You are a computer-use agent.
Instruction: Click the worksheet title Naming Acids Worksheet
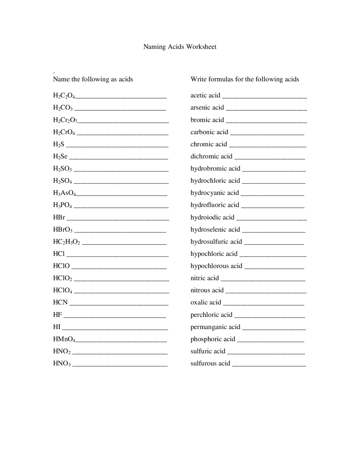coord(180,47)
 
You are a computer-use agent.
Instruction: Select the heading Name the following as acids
coord(93,79)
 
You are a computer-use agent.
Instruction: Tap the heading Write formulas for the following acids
coord(245,79)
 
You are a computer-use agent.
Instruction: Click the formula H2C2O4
coord(64,96)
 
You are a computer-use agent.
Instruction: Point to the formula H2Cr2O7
coord(65,120)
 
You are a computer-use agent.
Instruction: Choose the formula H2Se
coord(60,156)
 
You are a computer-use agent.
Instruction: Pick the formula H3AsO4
coord(64,193)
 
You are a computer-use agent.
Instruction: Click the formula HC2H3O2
coord(67,242)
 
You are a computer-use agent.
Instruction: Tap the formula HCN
coord(60,303)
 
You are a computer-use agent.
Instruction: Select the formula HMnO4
coord(64,339)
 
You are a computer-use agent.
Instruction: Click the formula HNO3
coord(62,364)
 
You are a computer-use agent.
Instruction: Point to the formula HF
coord(57,315)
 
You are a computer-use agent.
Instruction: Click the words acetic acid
coord(205,95)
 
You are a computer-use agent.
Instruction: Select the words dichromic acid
coord(211,156)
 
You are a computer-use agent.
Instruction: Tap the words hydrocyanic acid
coord(215,193)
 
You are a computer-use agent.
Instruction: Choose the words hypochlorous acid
coord(216,266)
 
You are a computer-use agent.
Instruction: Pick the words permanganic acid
coord(215,327)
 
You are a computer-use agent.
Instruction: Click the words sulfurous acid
coord(210,364)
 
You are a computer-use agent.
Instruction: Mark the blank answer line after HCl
coord(118,256)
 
